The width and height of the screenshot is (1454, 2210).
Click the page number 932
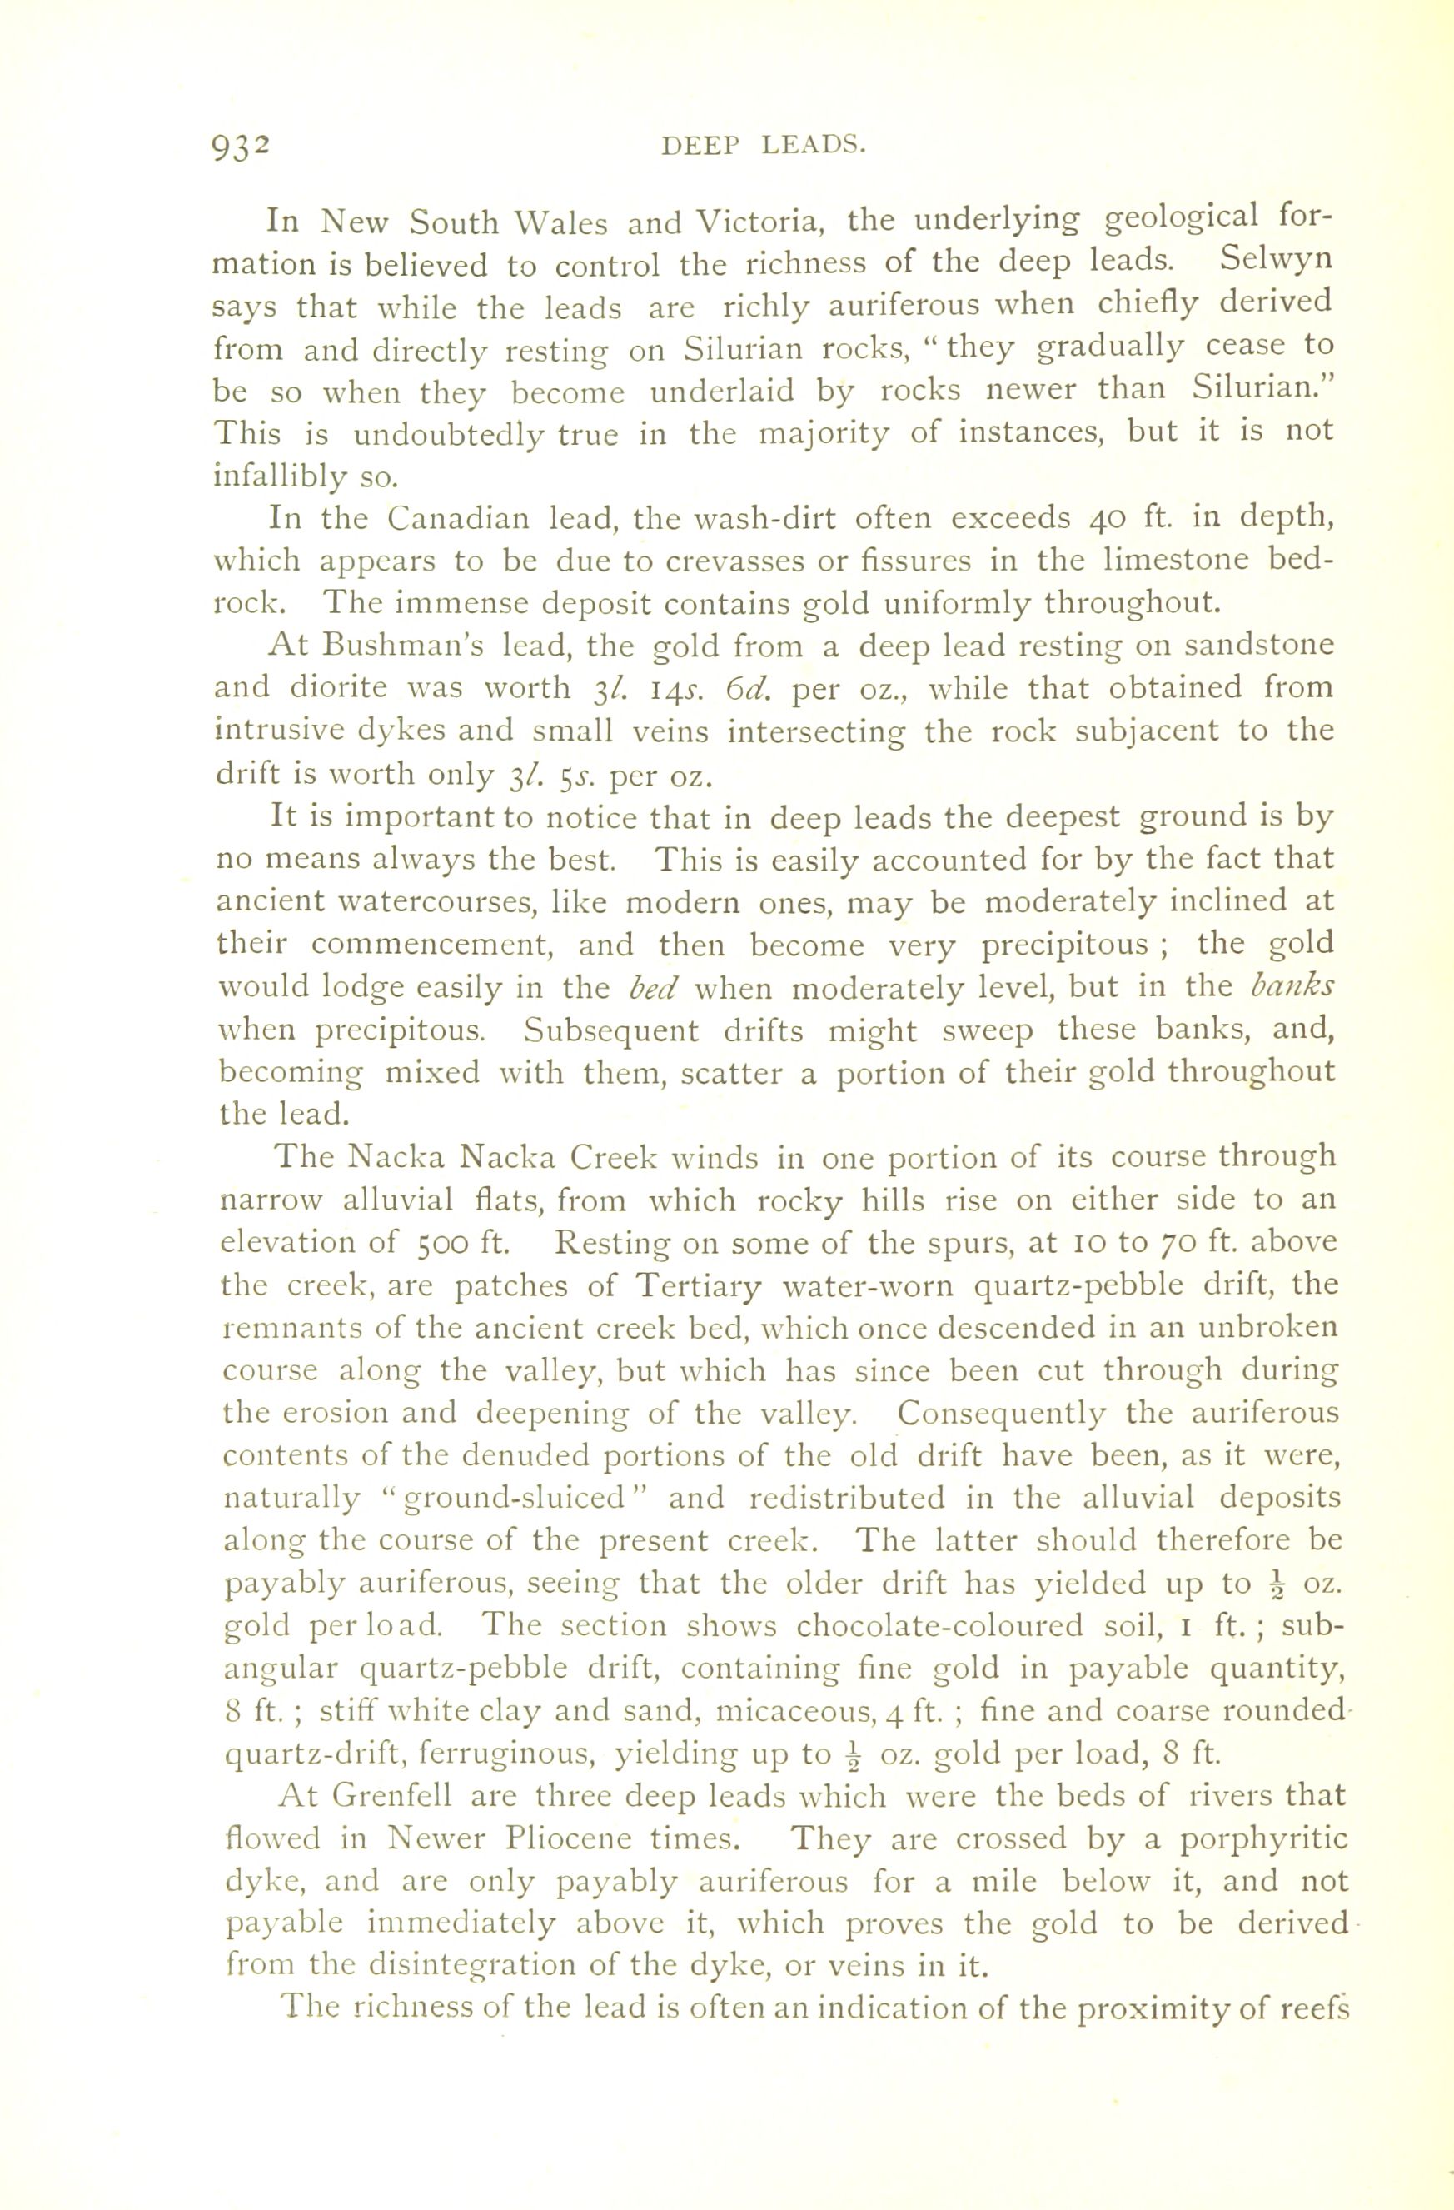pyautogui.click(x=241, y=147)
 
